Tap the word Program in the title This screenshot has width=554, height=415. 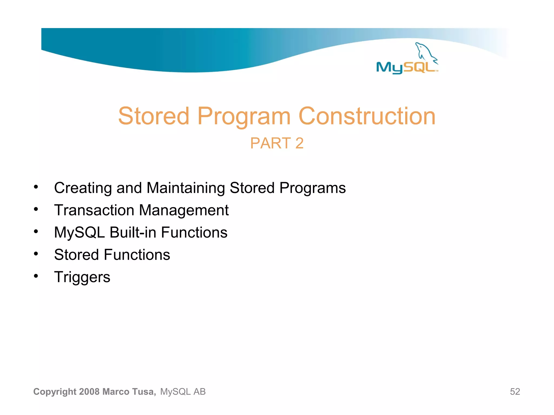point(244,116)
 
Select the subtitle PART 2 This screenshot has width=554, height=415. point(277,143)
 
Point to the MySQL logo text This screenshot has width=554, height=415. point(406,68)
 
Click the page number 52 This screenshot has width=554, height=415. point(515,391)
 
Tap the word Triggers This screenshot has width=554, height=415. point(82,277)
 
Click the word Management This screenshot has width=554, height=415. point(184,210)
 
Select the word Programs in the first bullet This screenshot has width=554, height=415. point(312,188)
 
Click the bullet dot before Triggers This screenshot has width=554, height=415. point(36,276)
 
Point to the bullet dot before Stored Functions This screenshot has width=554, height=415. point(36,254)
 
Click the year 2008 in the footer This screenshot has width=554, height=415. point(90,391)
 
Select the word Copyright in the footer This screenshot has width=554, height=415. point(55,392)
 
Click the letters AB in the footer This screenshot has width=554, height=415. point(199,391)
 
